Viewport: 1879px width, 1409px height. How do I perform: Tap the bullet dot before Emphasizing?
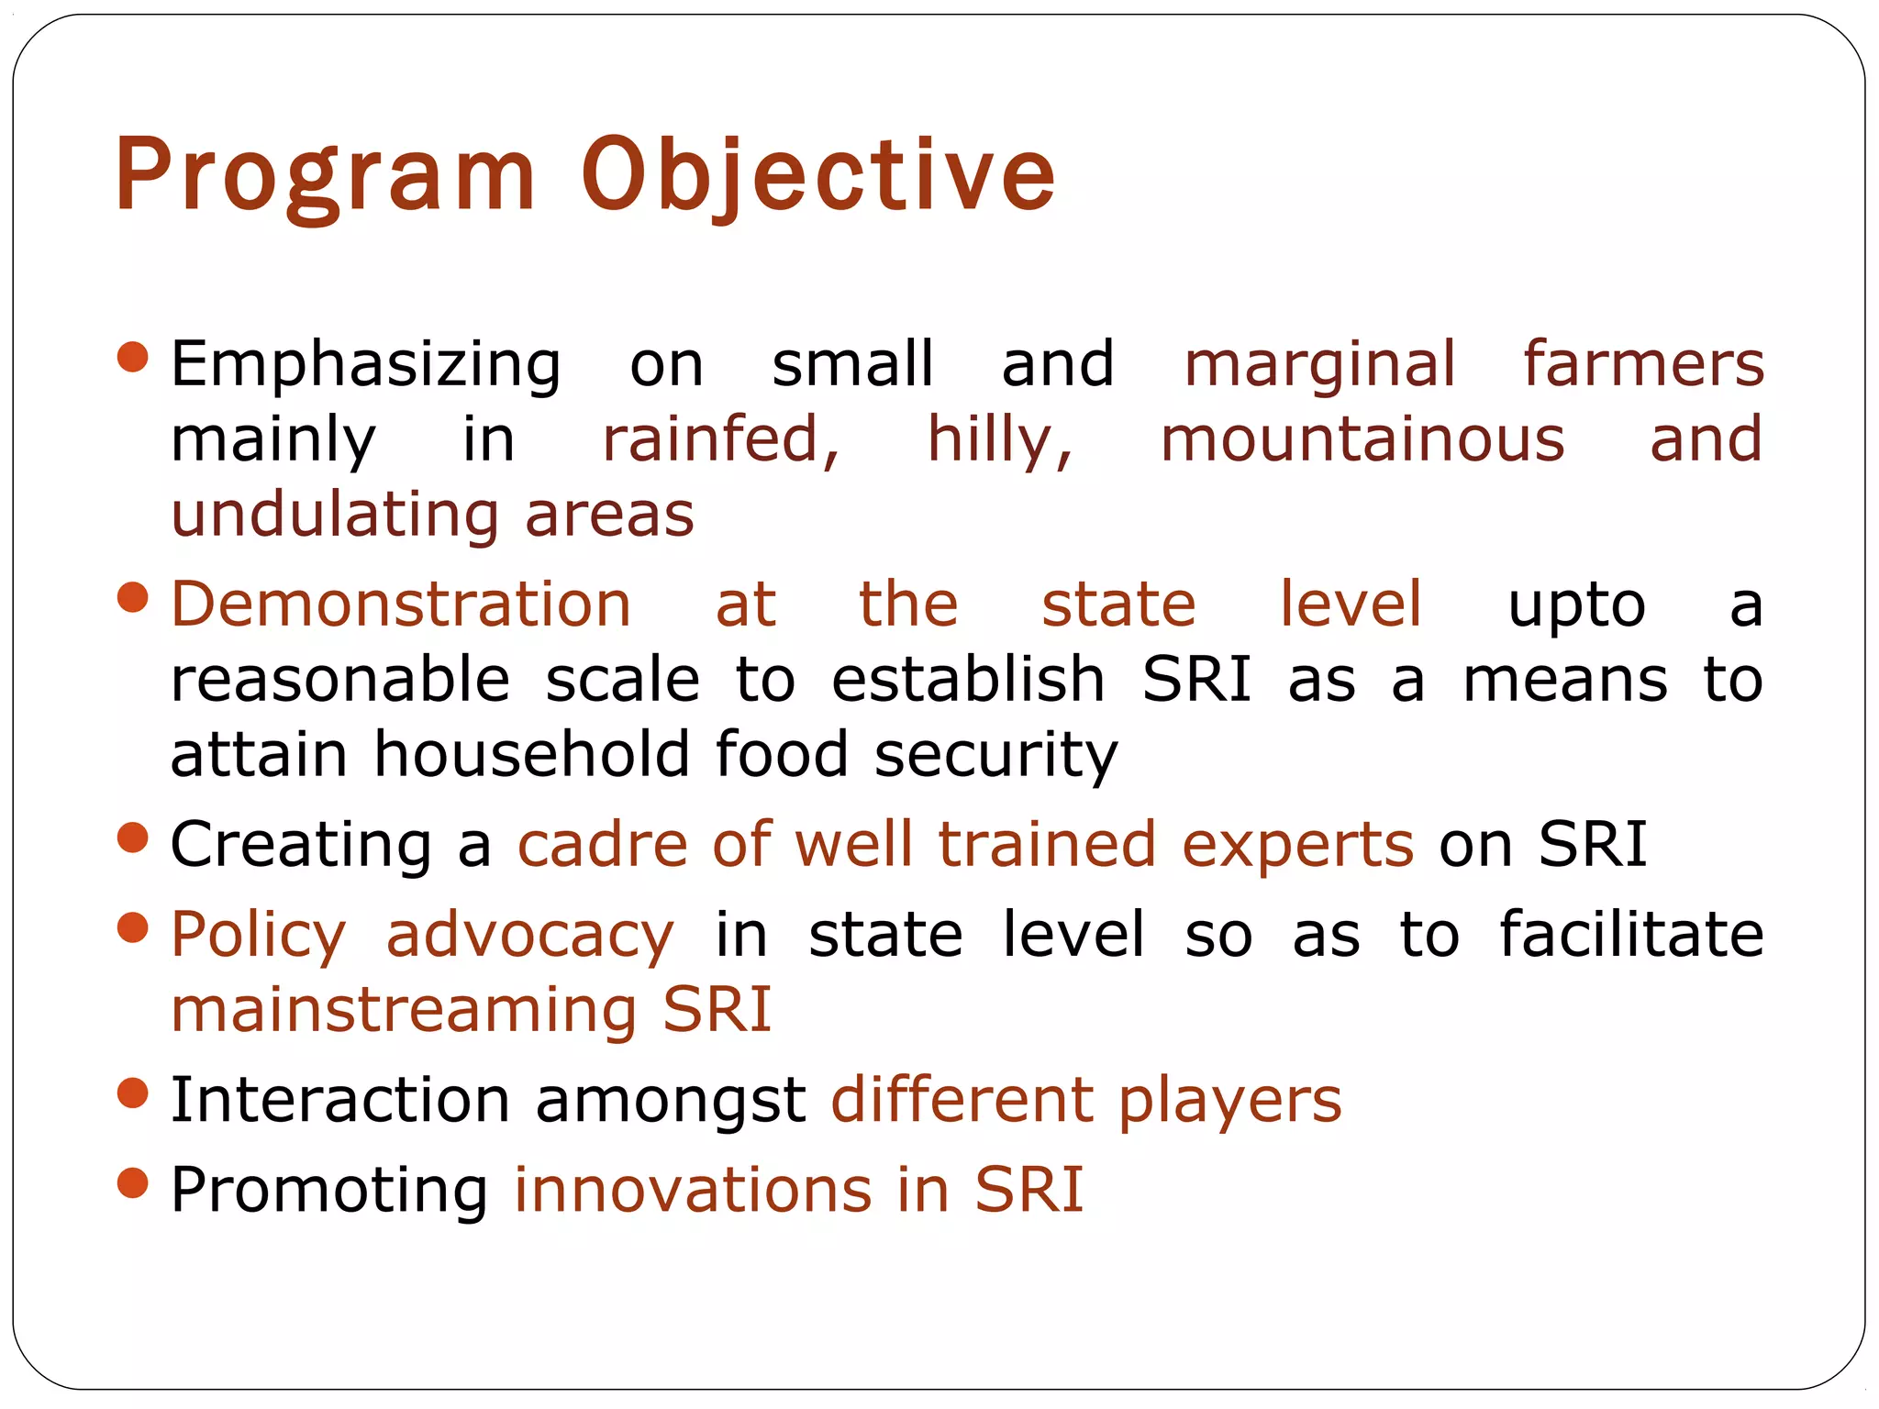(134, 357)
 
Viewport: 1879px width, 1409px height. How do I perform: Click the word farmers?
(1643, 364)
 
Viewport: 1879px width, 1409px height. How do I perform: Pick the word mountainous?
(1362, 440)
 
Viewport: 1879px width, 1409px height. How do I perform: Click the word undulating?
(335, 516)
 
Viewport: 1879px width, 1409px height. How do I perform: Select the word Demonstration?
(401, 605)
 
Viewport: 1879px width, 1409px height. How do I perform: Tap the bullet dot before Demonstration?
(134, 598)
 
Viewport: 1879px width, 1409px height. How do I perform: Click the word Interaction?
(340, 1100)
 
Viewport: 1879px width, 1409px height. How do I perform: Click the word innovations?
(692, 1191)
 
